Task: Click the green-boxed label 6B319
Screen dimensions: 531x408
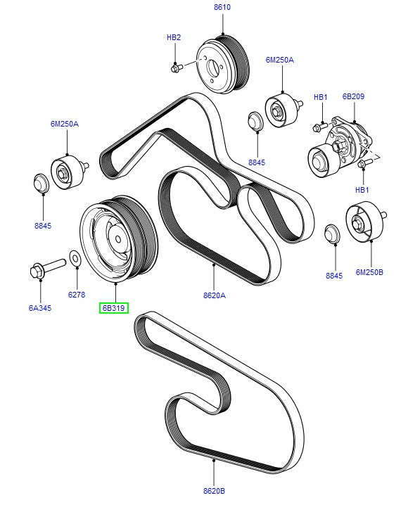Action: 113,307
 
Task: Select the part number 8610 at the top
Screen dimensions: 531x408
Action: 222,7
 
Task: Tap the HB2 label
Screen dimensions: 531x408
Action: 174,37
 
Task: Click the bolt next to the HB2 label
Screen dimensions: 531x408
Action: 176,68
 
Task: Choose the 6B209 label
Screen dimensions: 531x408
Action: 354,96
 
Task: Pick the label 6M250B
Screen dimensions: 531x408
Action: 370,271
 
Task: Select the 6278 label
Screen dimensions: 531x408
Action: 77,295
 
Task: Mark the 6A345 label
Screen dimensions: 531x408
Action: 40,307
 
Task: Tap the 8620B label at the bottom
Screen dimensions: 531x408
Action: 214,491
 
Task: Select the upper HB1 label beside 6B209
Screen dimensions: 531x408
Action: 321,96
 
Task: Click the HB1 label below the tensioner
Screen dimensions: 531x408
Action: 362,190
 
